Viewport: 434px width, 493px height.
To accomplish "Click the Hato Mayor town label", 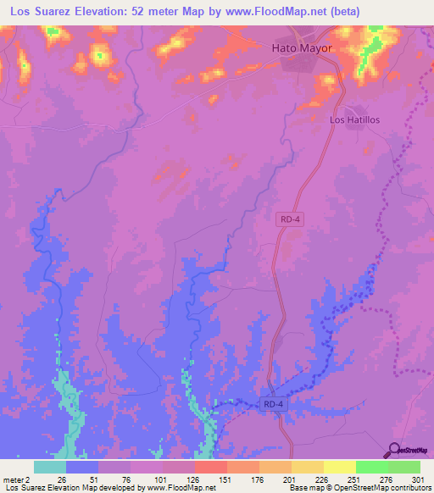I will pyautogui.click(x=301, y=48).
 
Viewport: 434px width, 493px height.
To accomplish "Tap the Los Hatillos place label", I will pyautogui.click(x=354, y=120).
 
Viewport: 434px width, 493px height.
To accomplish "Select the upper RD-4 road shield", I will pyautogui.click(x=290, y=219).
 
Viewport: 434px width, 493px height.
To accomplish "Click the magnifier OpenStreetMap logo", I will pyautogui.click(x=396, y=450).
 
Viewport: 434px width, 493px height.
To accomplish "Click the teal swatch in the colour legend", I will pyautogui.click(x=50, y=467).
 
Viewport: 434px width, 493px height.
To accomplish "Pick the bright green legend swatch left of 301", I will pyautogui.click(x=404, y=467).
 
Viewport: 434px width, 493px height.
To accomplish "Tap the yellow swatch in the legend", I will pyautogui.click(x=340, y=467).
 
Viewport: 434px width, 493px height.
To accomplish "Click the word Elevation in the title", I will pyautogui.click(x=100, y=12).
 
